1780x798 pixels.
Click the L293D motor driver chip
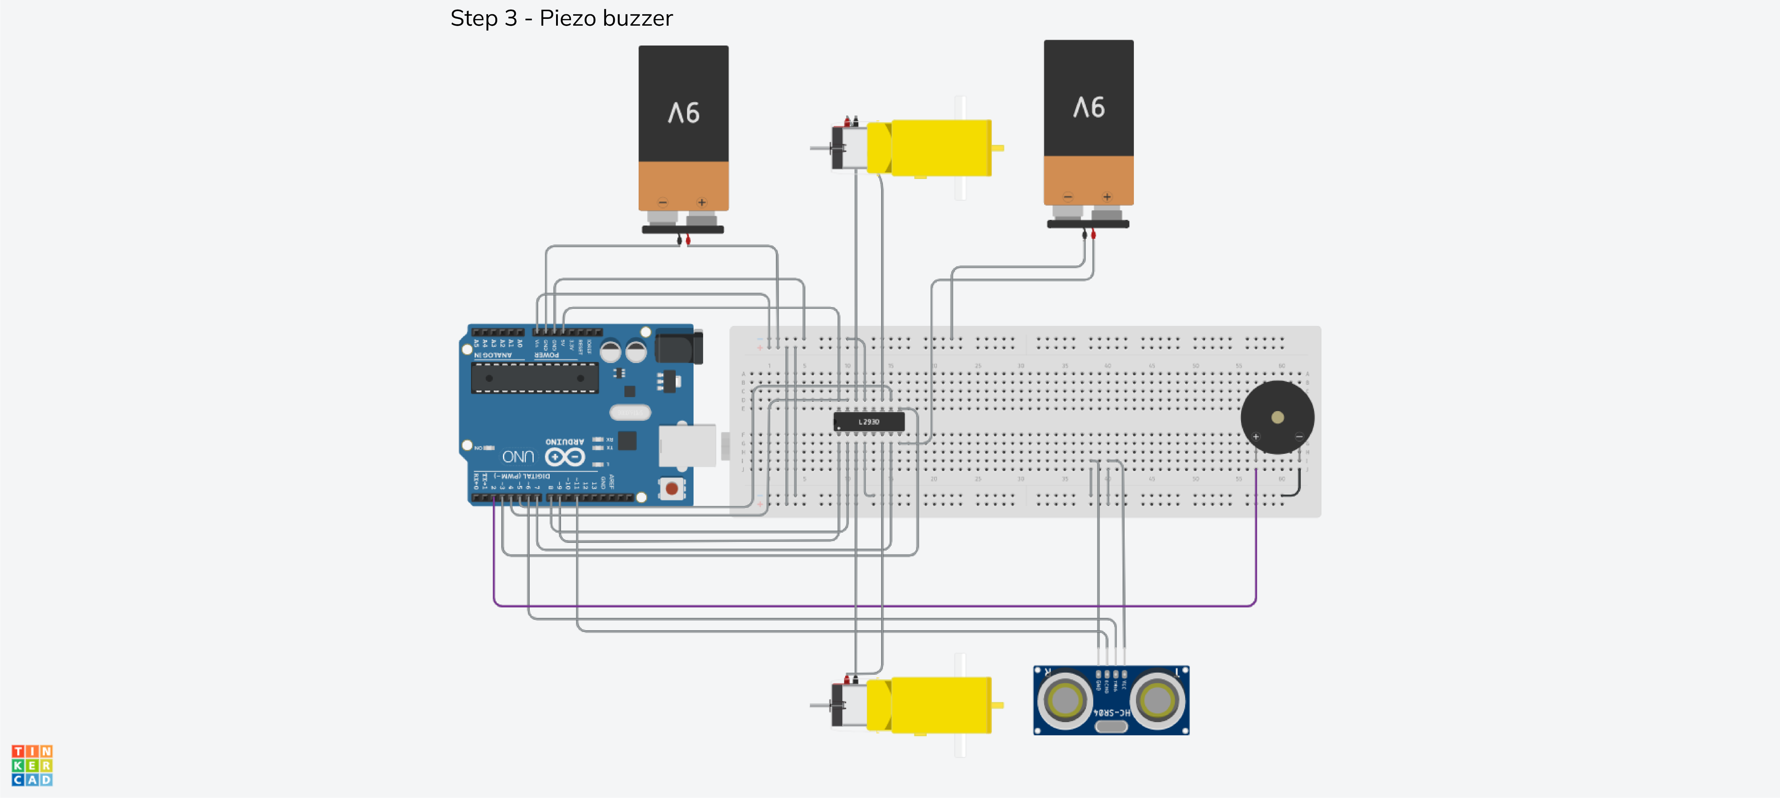(x=869, y=421)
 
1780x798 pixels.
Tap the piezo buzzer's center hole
(x=1277, y=417)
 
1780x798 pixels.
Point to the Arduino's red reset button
(x=671, y=488)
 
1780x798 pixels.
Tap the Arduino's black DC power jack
(x=677, y=347)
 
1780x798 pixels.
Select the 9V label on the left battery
(x=684, y=112)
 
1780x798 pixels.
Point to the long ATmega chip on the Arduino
(x=534, y=378)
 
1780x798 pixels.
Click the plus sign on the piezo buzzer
(x=1256, y=436)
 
